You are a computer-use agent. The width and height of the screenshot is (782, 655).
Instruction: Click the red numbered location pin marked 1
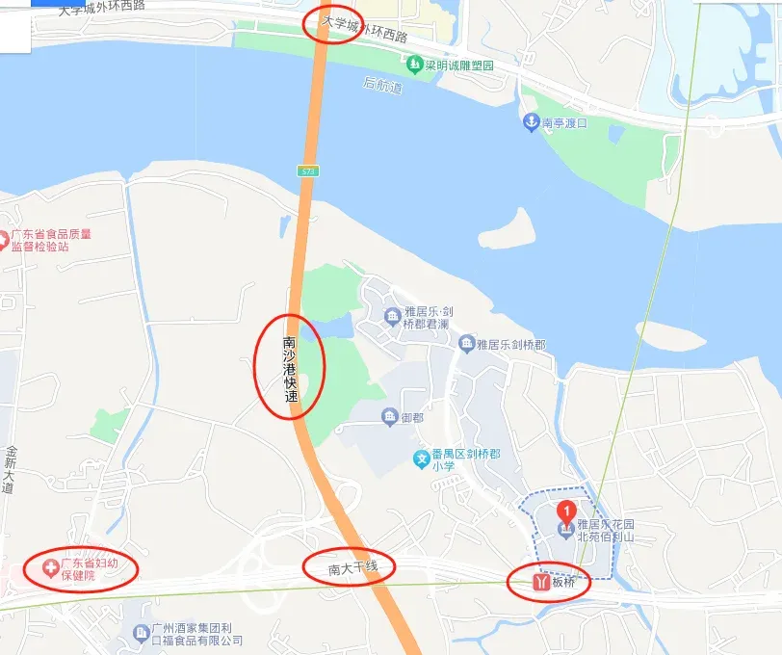click(x=567, y=509)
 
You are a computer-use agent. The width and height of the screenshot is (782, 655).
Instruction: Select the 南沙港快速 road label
click(x=289, y=368)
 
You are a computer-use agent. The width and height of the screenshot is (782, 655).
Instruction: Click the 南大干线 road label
click(x=348, y=568)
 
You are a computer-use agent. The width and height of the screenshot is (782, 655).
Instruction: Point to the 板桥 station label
click(x=563, y=582)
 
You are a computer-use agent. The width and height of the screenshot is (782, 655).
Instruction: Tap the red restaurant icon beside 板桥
click(x=540, y=582)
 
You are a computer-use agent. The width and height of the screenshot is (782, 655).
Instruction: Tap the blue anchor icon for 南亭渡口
click(x=529, y=122)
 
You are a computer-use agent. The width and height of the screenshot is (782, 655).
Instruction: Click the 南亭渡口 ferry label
click(x=564, y=123)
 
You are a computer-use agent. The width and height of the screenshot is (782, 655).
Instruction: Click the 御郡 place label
click(x=412, y=418)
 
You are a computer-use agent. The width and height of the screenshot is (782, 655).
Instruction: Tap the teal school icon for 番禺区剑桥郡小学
click(x=421, y=459)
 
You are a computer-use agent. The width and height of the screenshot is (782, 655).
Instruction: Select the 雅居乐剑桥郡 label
click(x=514, y=344)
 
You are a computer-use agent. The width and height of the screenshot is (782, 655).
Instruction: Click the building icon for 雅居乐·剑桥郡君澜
click(x=392, y=316)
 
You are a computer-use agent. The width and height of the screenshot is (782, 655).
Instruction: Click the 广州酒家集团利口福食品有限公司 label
click(x=196, y=634)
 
